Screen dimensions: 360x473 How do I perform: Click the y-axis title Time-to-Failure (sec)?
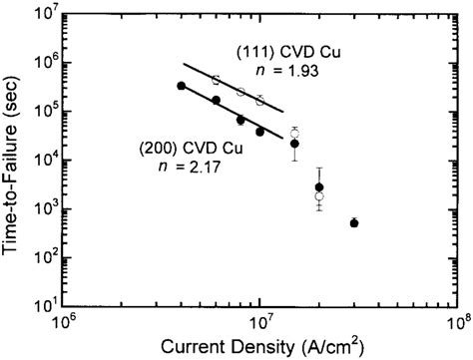14,161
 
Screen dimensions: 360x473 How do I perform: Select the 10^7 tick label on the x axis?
261,323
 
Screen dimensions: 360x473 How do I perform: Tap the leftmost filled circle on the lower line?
181,86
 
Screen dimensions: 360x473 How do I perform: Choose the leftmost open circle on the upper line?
216,79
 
